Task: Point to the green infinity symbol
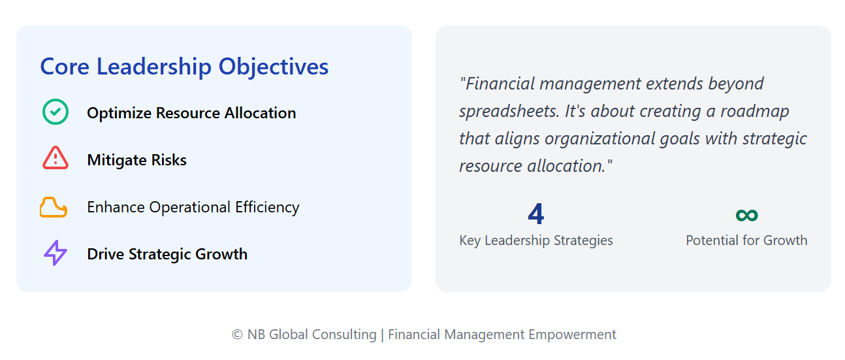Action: (746, 215)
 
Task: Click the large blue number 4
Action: (535, 214)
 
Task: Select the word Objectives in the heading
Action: (274, 67)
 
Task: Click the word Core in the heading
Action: (65, 67)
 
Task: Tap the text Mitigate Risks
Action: (137, 160)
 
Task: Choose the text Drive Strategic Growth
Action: (167, 254)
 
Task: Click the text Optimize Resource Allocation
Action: (191, 113)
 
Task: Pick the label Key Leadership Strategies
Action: (536, 240)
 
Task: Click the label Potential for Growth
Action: (746, 240)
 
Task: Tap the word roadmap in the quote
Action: (755, 112)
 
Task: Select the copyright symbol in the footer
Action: (237, 335)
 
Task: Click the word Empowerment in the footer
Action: (572, 335)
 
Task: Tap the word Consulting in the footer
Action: (344, 335)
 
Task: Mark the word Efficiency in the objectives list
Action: (268, 208)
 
